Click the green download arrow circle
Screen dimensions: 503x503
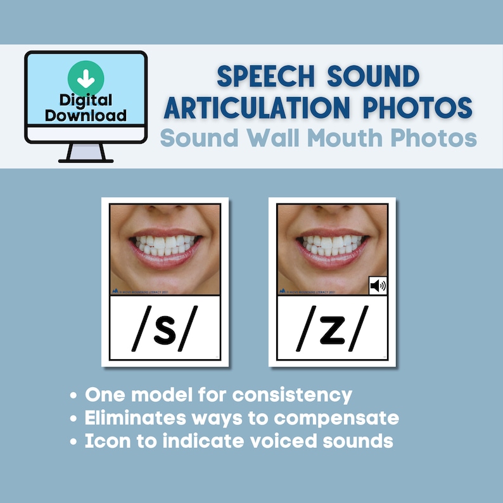[86, 77]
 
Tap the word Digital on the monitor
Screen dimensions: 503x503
[86, 100]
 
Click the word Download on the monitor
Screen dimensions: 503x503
[86, 115]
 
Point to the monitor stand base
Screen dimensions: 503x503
[86, 159]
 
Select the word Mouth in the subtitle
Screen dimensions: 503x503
[360, 137]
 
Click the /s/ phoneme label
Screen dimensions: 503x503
[165, 330]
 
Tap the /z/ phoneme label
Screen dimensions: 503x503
[331, 330]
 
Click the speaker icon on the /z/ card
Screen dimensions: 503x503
[378, 286]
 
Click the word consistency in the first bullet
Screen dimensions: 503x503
[292, 395]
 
